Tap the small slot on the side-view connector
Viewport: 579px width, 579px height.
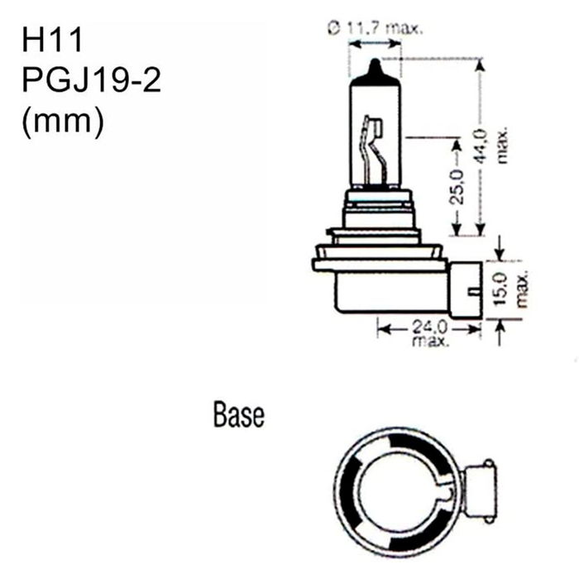pyautogui.click(x=472, y=290)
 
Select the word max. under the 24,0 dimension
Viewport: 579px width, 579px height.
pyautogui.click(x=428, y=340)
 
